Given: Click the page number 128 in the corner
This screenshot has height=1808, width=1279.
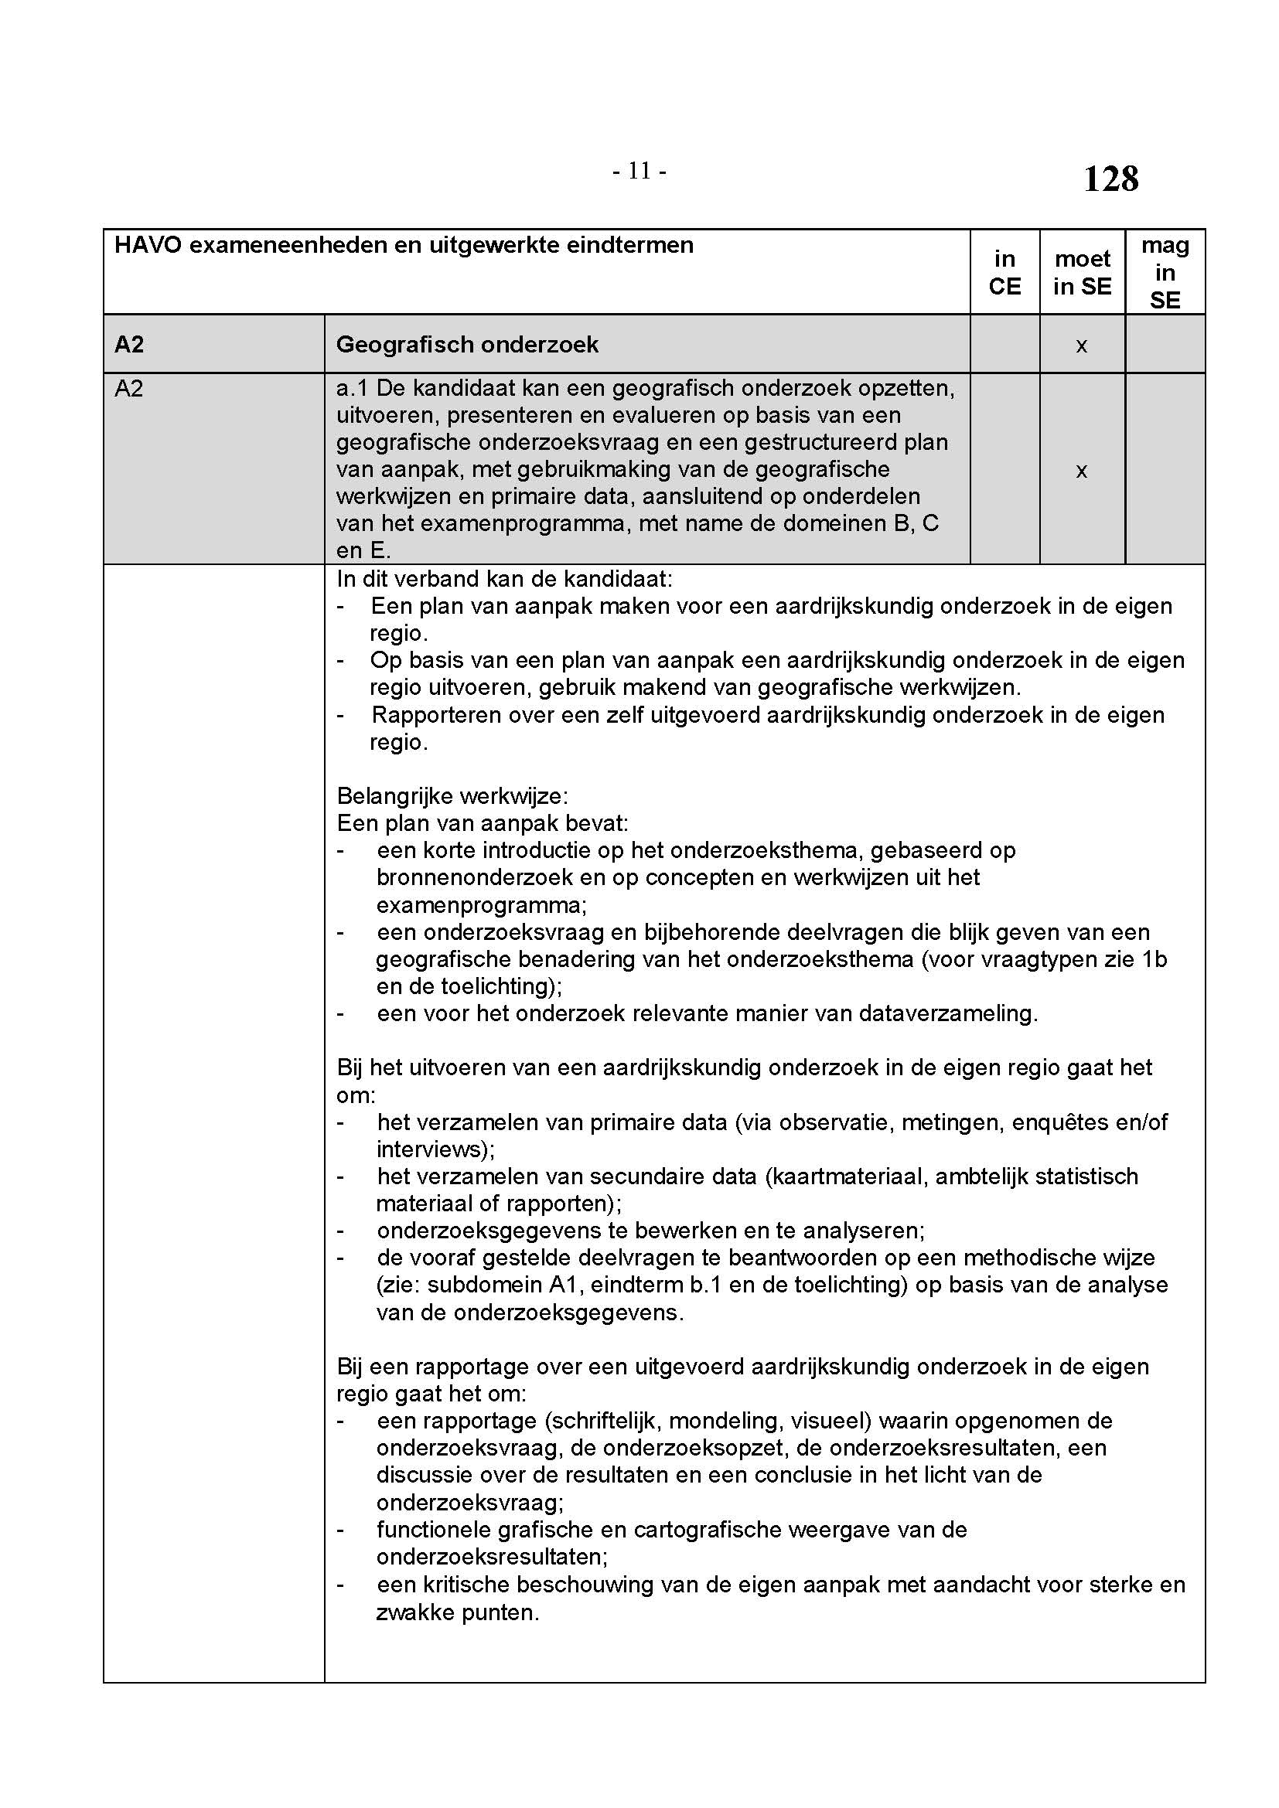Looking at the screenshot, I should pos(1110,179).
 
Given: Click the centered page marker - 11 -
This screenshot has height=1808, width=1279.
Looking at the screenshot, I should pos(639,171).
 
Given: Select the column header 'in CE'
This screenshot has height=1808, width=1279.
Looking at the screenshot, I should pos(1004,272).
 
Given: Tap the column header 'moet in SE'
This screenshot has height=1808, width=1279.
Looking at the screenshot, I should pos(1082,272).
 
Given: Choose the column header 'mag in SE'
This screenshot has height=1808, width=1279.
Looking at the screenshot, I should pos(1165,272).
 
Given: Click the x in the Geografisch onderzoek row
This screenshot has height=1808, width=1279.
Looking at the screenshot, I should pos(1081,345).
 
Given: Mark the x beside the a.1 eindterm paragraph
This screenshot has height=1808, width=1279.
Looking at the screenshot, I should pos(1081,470).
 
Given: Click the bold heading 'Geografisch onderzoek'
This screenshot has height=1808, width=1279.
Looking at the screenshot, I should pos(467,345).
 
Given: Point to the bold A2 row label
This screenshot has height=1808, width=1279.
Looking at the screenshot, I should pos(129,345).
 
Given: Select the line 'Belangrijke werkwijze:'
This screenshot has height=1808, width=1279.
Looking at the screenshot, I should pos(452,796).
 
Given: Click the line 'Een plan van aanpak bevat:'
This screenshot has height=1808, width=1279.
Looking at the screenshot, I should pos(482,824).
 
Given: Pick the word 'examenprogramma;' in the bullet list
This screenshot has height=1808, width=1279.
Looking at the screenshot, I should pos(481,905).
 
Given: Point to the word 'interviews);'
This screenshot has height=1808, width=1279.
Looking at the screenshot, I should pos(435,1149).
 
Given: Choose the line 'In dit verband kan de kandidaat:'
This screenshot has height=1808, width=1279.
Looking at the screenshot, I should pos(504,579).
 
